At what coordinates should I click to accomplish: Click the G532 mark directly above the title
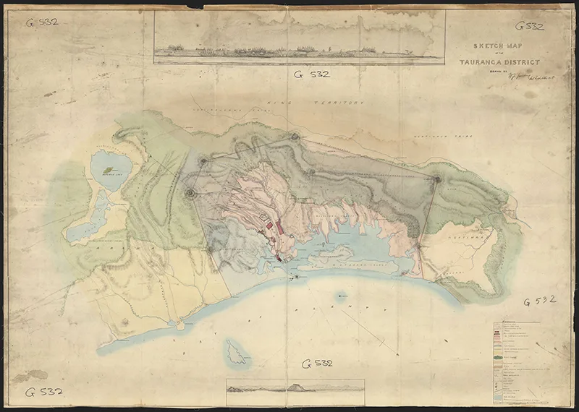point(529,26)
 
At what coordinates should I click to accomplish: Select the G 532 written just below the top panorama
point(311,74)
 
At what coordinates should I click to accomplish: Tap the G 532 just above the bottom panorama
point(316,363)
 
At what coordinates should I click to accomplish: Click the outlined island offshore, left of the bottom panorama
point(235,352)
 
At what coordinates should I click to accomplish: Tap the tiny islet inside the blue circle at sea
point(341,296)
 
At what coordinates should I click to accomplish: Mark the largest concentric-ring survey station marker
point(191,193)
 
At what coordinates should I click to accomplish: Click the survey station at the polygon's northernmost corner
point(295,137)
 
